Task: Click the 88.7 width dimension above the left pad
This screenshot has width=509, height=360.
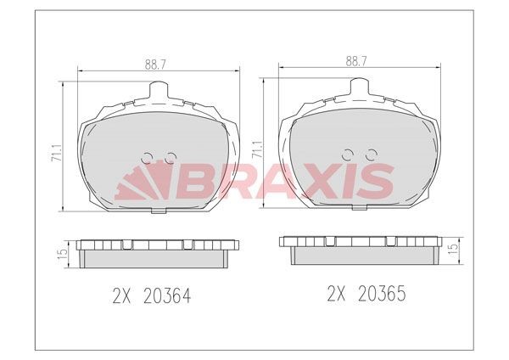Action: click(155, 65)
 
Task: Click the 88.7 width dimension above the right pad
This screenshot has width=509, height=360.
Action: click(356, 62)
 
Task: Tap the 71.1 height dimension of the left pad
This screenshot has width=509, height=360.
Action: click(57, 152)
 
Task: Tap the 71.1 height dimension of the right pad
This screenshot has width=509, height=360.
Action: click(258, 149)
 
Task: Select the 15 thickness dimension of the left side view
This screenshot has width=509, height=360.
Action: click(64, 253)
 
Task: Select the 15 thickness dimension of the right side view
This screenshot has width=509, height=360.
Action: click(454, 248)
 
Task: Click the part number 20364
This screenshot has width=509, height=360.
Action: click(166, 295)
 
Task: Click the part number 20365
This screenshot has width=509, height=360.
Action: click(382, 294)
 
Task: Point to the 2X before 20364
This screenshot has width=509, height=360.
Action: click(121, 295)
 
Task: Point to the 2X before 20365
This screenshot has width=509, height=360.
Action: click(337, 294)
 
